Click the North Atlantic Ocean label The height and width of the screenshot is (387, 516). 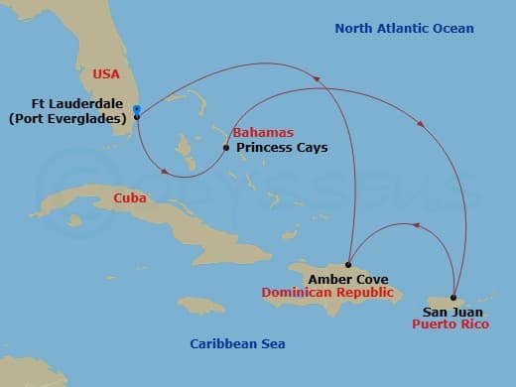(403, 28)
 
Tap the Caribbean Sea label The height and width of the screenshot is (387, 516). (237, 344)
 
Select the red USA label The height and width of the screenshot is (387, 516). (105, 73)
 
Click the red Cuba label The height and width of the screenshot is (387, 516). (130, 198)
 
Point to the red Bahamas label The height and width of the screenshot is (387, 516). (258, 133)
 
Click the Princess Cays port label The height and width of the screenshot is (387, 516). (282, 148)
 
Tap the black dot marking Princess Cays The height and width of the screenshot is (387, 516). (227, 148)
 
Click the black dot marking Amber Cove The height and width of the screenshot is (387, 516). (348, 265)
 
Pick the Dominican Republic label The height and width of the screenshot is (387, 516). (327, 294)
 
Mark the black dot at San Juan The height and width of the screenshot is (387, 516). (453, 298)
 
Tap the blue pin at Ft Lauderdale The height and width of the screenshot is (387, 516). (136, 110)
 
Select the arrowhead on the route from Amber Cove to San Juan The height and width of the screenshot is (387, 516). (418, 226)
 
